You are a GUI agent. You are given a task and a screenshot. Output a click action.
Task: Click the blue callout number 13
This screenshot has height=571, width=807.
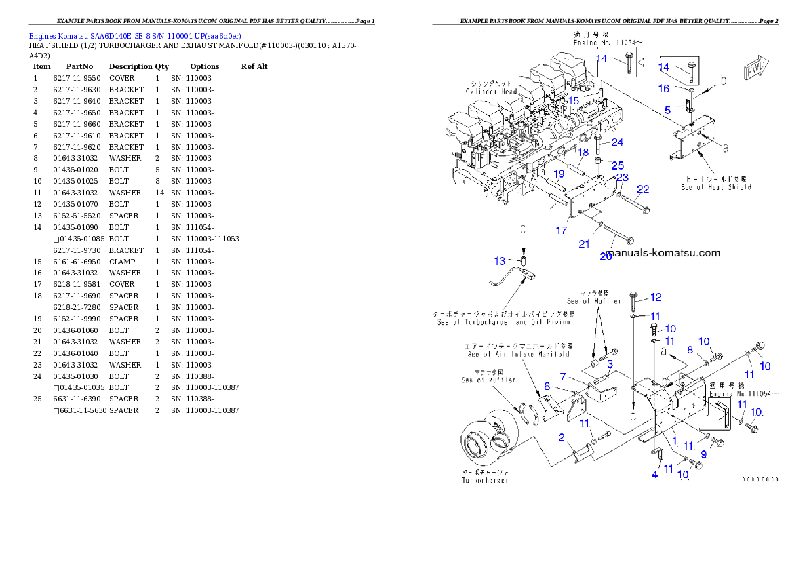[x=499, y=261]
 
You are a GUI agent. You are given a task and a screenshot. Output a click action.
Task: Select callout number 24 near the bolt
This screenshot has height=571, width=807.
[x=617, y=142]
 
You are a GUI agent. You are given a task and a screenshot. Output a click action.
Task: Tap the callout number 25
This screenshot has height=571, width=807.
[x=618, y=165]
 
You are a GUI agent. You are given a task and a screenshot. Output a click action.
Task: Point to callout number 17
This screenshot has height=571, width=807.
[x=561, y=231]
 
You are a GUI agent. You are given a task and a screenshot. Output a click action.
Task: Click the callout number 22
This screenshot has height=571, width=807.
[x=642, y=189]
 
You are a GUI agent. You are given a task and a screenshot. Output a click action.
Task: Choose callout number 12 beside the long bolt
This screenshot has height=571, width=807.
[x=655, y=297]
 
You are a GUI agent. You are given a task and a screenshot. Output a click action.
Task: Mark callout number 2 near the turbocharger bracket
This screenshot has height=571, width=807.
[x=562, y=437]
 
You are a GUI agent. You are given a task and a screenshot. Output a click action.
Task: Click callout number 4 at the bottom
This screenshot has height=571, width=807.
[x=654, y=475]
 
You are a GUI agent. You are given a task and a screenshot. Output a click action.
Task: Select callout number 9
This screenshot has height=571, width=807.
[x=703, y=454]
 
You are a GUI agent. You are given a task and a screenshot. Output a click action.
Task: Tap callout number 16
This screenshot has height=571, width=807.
[x=664, y=89]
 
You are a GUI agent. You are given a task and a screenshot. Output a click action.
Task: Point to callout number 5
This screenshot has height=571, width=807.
[x=667, y=110]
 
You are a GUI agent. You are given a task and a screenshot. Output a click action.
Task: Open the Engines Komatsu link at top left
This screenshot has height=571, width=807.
[x=135, y=36]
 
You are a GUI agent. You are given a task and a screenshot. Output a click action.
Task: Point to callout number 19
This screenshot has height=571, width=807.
[x=559, y=174]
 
